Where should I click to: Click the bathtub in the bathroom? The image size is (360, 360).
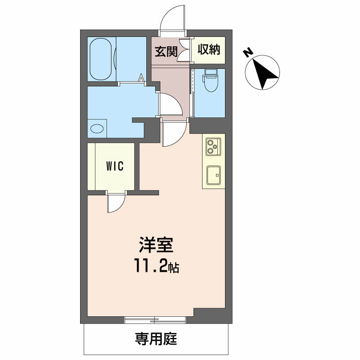pyautogui.click(x=100, y=59)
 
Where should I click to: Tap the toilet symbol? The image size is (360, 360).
pyautogui.click(x=210, y=80)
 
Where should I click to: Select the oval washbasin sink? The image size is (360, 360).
pyautogui.click(x=97, y=128)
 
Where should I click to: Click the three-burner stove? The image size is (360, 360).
pyautogui.click(x=213, y=147)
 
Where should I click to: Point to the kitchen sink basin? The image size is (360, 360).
pyautogui.click(x=213, y=175)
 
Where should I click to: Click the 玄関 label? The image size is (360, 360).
pyautogui.click(x=166, y=51)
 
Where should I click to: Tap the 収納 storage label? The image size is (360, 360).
pyautogui.click(x=209, y=49)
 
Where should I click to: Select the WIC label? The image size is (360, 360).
pyautogui.click(x=115, y=166)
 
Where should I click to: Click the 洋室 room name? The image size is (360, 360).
pyautogui.click(x=156, y=245)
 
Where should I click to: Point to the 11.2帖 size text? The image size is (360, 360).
pyautogui.click(x=156, y=265)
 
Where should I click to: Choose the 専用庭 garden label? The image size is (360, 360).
pyautogui.click(x=156, y=339)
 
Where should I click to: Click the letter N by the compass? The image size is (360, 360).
pyautogui.click(x=248, y=53)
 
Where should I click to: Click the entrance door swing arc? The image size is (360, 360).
pyautogui.click(x=167, y=13)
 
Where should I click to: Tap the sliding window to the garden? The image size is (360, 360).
pyautogui.click(x=155, y=320)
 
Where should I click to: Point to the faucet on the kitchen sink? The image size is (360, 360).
pyautogui.click(x=217, y=175)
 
